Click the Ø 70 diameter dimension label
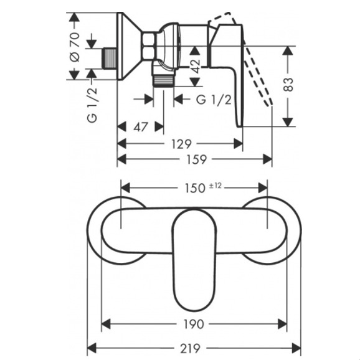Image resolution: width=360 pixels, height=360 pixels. [75, 47]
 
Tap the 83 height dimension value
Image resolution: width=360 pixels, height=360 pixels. [288, 85]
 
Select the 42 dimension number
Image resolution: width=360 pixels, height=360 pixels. [196, 66]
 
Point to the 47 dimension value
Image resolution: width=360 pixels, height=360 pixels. [141, 127]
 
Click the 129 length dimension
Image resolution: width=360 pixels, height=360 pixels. [181, 144]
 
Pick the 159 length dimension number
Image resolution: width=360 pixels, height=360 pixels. [197, 159]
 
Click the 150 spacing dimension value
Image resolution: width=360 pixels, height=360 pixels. [195, 188]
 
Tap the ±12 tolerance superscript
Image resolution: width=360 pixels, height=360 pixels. [216, 185]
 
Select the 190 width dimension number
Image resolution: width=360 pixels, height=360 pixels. [194, 324]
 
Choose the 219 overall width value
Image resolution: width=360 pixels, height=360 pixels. [191, 349]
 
